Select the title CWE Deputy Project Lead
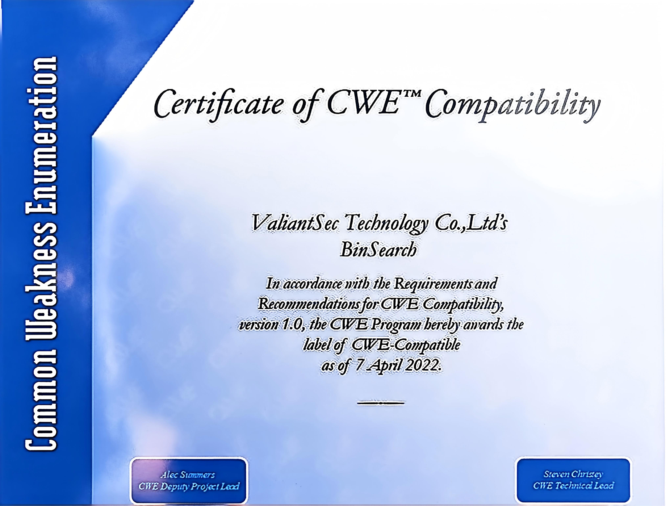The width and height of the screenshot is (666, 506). click(x=189, y=486)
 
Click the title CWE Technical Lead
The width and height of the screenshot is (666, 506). click(x=573, y=485)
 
